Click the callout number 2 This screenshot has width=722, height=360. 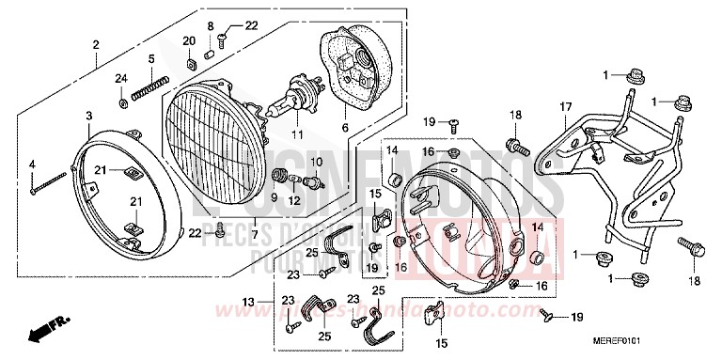coord(96,45)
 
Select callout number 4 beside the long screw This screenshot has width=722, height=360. coord(32,165)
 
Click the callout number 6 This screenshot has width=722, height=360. coord(344,128)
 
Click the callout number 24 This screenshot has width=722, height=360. coord(121,77)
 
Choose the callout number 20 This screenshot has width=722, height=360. coord(188,40)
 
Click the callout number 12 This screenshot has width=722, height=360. coord(293,200)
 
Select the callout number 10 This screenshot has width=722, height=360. coord(316,163)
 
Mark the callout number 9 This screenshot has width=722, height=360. coord(274,198)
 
